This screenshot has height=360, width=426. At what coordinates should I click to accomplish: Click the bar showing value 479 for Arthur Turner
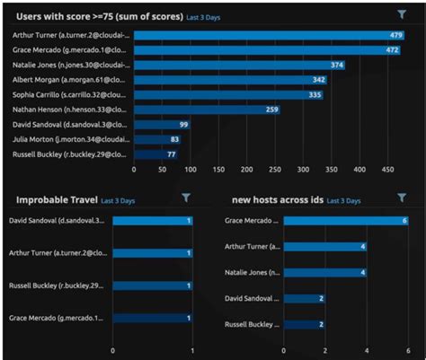270,35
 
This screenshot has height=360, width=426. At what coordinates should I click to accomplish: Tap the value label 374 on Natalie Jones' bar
336,66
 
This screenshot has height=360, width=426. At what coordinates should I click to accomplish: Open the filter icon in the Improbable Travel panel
186,198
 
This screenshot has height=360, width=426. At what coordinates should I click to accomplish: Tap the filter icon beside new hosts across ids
401,198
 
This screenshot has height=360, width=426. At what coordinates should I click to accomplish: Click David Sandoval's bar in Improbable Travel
153,220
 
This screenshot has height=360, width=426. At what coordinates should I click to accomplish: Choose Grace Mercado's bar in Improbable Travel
153,318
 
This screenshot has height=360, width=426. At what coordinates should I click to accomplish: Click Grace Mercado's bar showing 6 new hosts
347,220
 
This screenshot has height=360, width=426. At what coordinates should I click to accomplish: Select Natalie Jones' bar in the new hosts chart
325,271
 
